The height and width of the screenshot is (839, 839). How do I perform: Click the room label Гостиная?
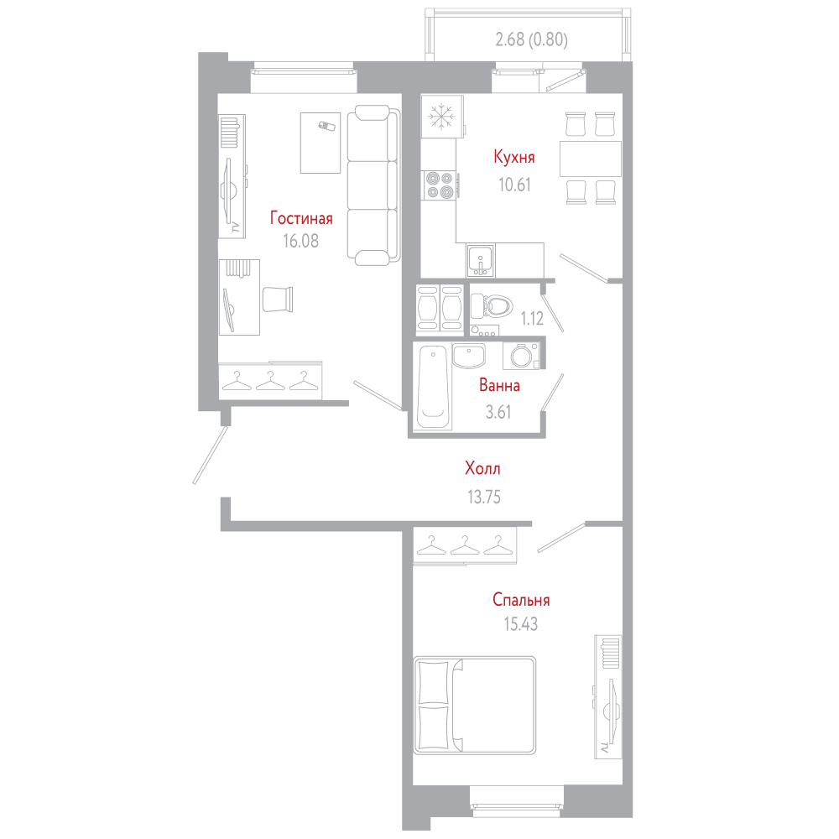tap(301, 218)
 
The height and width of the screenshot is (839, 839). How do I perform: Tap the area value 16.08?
tap(300, 242)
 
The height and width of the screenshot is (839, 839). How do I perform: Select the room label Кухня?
tap(513, 158)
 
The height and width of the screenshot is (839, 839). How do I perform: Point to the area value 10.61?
tap(515, 185)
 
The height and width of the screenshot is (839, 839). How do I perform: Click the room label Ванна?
tap(499, 385)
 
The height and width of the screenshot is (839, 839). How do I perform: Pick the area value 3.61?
tap(498, 412)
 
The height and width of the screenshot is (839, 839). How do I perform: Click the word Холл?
tap(482, 469)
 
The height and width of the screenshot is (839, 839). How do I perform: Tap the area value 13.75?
tap(484, 497)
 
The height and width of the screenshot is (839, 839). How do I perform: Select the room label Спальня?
tap(521, 600)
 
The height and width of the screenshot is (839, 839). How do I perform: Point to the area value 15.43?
tap(521, 624)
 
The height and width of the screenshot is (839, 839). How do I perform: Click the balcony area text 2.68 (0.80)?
tap(531, 39)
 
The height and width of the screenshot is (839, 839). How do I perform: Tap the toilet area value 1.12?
tap(532, 319)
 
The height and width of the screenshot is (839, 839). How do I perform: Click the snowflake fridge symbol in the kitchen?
tap(442, 116)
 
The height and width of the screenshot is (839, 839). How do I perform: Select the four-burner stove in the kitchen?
tap(440, 185)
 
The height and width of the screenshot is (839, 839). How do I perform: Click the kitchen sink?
tap(481, 261)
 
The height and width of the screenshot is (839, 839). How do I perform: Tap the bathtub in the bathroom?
tap(434, 388)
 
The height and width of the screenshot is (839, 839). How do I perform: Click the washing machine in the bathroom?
tap(521, 356)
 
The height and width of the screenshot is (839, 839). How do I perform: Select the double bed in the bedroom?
tap(474, 706)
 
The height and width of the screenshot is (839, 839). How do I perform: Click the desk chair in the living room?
tap(277, 300)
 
